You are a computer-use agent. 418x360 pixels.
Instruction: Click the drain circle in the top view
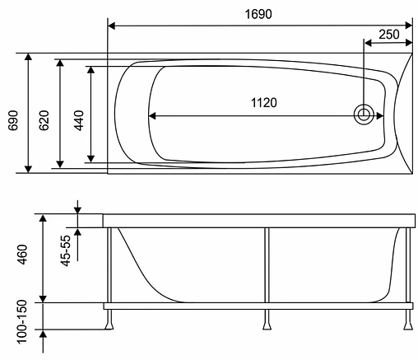click(363, 115)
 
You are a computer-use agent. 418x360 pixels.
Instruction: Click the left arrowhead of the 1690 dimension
click(113, 26)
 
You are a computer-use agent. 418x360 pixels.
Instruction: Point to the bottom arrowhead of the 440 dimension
click(91, 158)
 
